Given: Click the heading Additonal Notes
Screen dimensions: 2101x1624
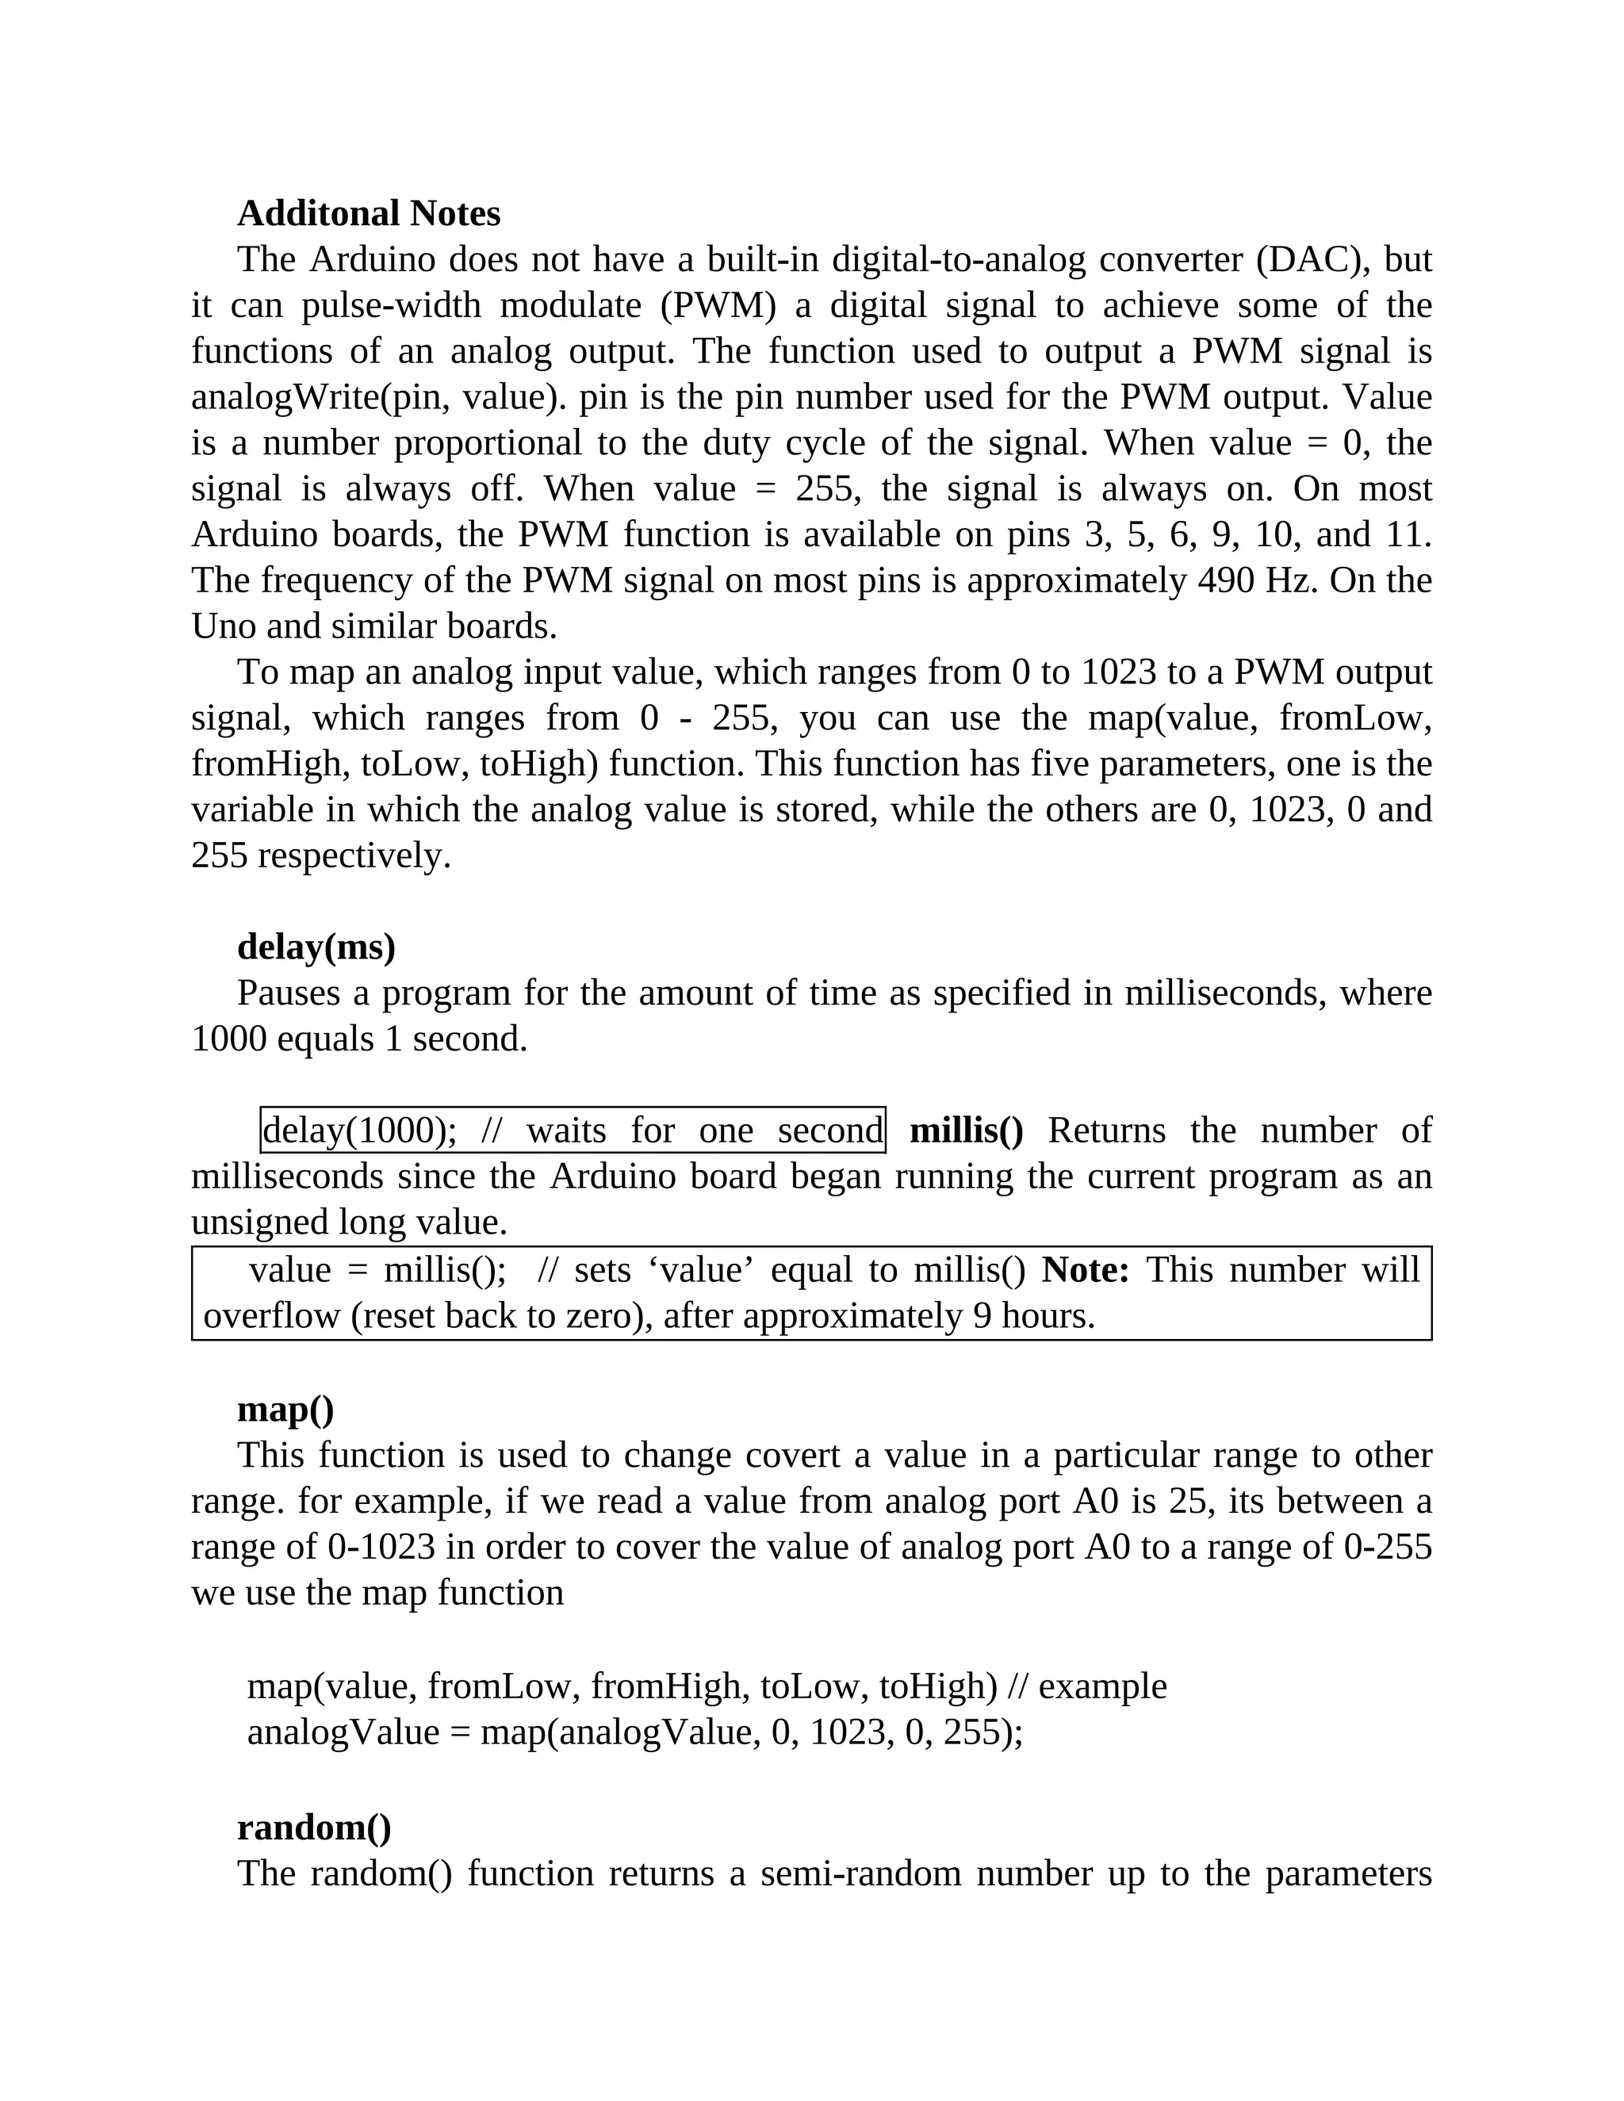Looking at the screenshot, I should [369, 213].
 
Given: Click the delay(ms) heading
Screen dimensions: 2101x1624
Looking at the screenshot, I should [316, 947].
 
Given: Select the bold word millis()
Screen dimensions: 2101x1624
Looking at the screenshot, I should [966, 1131].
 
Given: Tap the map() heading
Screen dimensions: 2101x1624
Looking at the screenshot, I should [285, 1410].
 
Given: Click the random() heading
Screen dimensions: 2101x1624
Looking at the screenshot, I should [314, 1827].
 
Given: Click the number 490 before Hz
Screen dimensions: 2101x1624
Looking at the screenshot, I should [1227, 581].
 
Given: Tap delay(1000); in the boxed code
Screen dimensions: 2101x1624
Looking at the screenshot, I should [360, 1131].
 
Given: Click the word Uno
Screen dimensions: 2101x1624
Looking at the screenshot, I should [222, 626].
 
